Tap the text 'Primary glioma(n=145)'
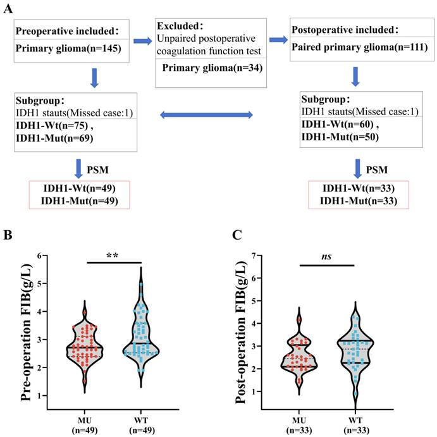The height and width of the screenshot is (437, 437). (68, 49)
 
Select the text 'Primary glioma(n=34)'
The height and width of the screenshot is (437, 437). (212, 68)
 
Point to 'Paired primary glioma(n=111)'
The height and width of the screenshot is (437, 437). (359, 47)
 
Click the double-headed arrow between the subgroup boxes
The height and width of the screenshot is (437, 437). (207, 115)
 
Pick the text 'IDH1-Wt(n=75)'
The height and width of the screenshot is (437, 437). (52, 125)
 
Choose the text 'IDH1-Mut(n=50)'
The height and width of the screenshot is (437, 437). (340, 137)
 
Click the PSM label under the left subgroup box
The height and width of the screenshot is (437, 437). (97, 169)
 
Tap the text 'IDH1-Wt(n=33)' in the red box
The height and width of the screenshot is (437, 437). (359, 188)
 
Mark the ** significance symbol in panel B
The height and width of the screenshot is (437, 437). (113, 255)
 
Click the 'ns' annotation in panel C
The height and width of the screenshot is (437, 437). (326, 256)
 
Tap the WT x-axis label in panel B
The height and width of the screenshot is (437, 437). (141, 420)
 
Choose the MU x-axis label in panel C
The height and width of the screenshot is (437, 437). (299, 420)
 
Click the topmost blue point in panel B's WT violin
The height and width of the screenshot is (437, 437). (141, 285)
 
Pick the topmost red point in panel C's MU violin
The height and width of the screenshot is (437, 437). (299, 320)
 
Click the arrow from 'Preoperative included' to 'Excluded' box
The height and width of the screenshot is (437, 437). (143, 41)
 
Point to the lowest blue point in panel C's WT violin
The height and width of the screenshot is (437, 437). (355, 394)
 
